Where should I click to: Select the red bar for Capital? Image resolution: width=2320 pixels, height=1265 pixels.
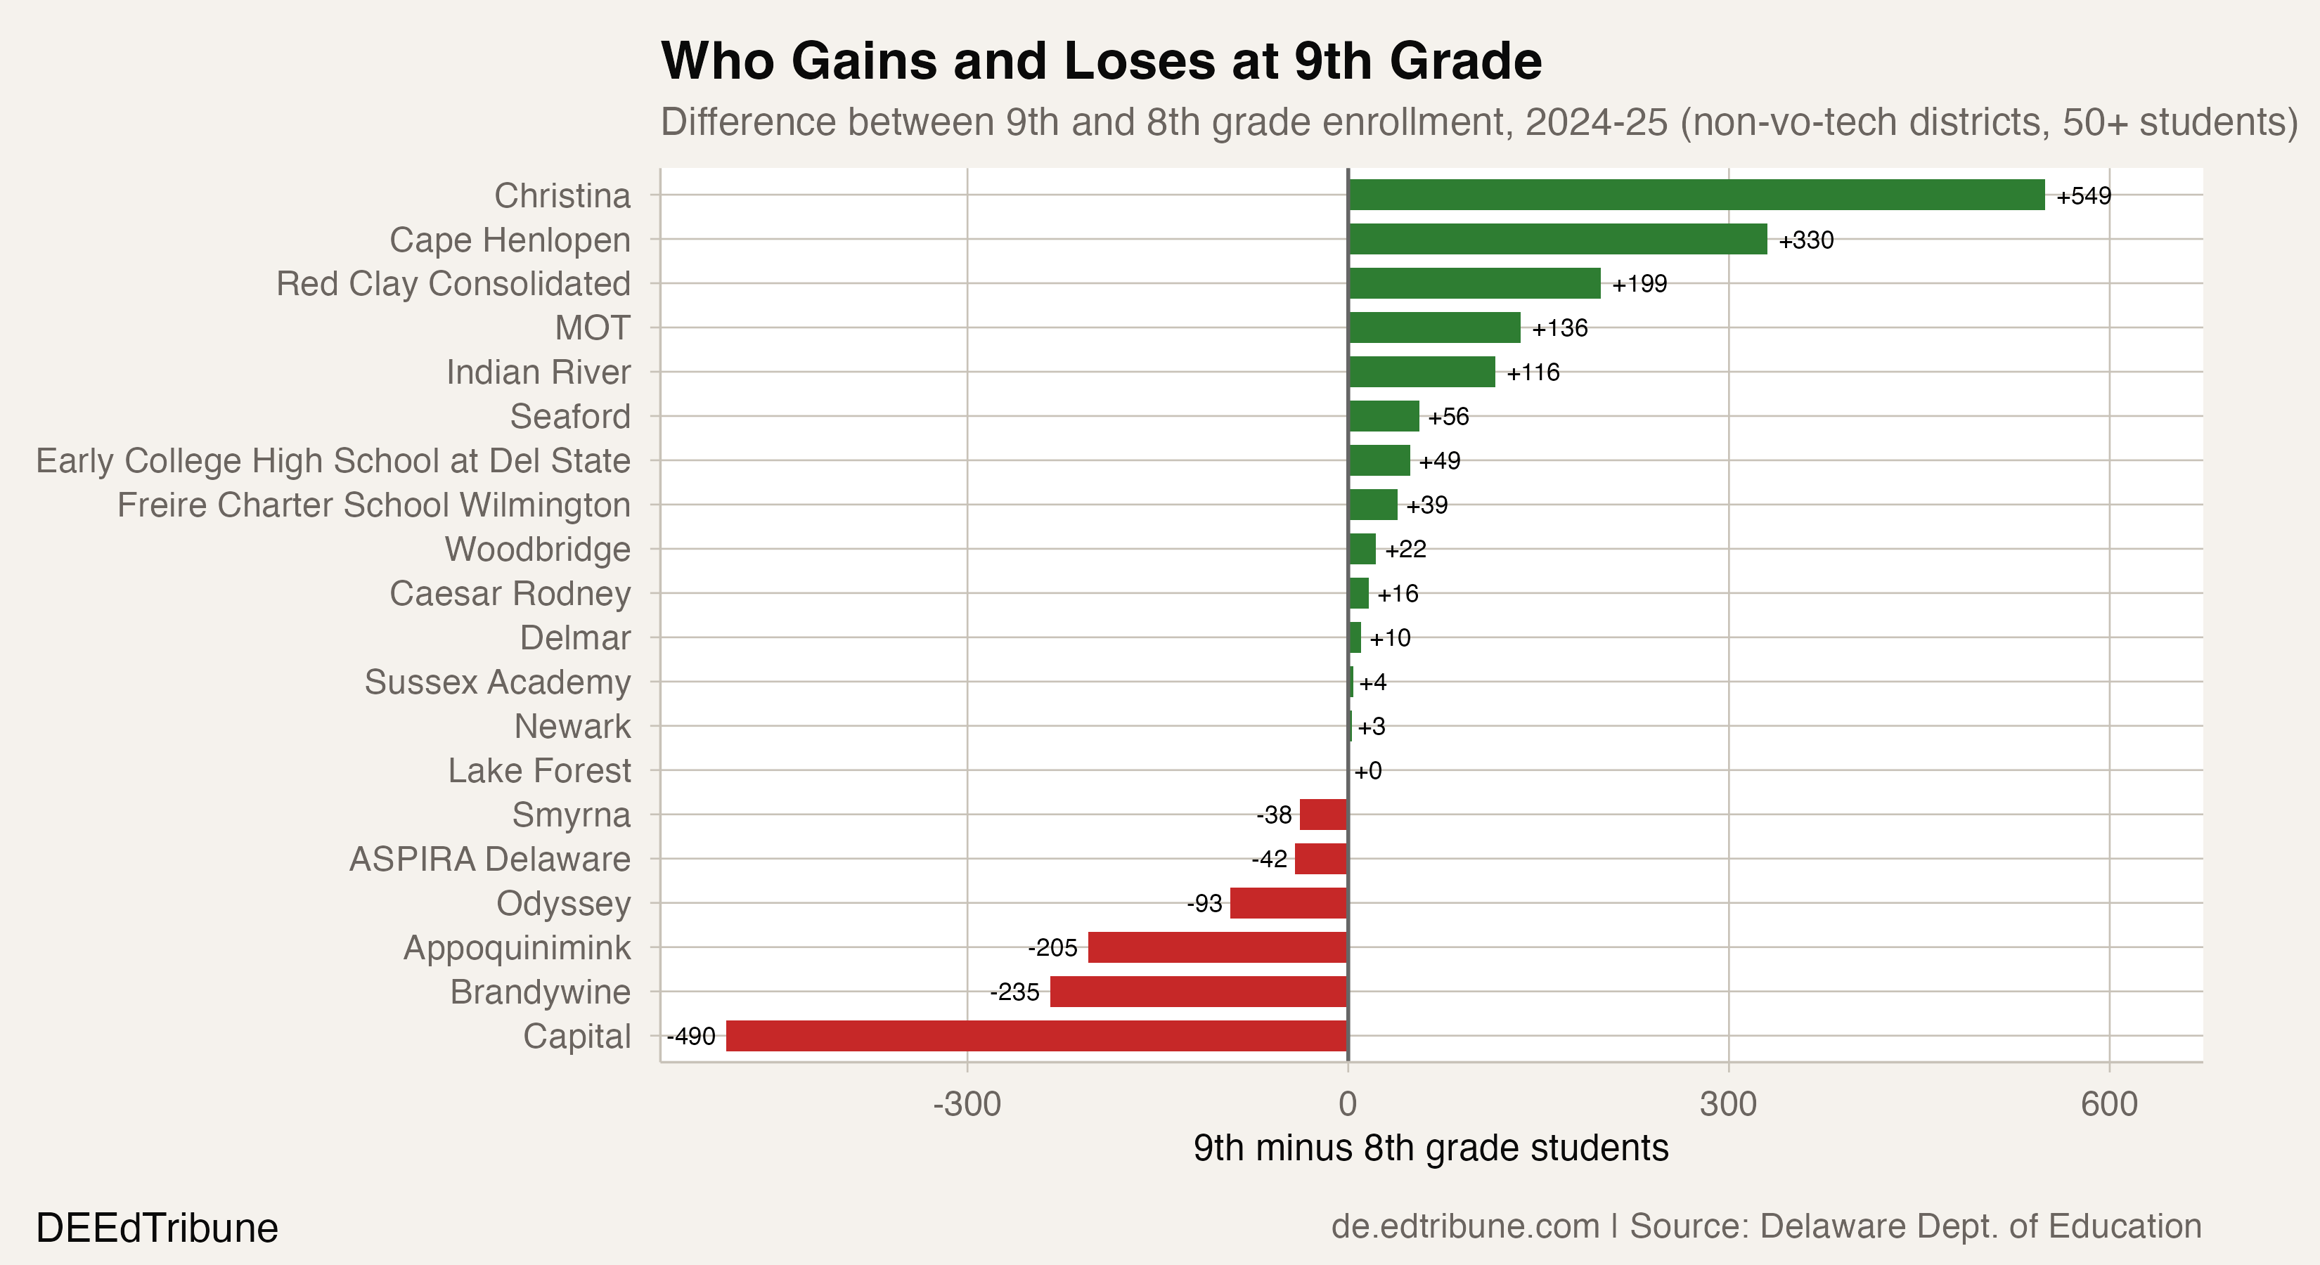point(1036,1035)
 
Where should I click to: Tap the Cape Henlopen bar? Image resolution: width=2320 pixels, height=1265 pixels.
point(1557,240)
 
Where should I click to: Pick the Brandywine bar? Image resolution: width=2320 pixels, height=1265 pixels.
point(1198,992)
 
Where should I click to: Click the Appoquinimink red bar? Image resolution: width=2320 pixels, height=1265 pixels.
point(1217,947)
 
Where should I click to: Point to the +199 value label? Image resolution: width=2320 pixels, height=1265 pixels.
point(1639,284)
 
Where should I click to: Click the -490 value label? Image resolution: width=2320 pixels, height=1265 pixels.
point(691,1037)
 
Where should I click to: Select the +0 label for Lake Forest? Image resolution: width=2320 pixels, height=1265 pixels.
point(1367,771)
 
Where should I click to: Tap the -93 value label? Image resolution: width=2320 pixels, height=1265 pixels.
point(1204,903)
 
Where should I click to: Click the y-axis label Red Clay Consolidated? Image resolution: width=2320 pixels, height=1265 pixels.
point(453,284)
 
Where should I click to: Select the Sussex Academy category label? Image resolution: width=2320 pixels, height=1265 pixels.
point(497,682)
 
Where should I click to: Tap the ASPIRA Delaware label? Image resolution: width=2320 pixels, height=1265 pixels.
point(490,859)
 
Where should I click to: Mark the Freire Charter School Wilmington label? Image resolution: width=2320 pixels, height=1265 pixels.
point(374,505)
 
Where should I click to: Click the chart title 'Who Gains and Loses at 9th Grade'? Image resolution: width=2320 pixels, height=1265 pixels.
point(1100,61)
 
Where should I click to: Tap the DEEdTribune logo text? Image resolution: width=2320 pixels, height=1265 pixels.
point(157,1228)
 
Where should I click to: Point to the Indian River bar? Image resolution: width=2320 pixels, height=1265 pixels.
point(1422,372)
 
